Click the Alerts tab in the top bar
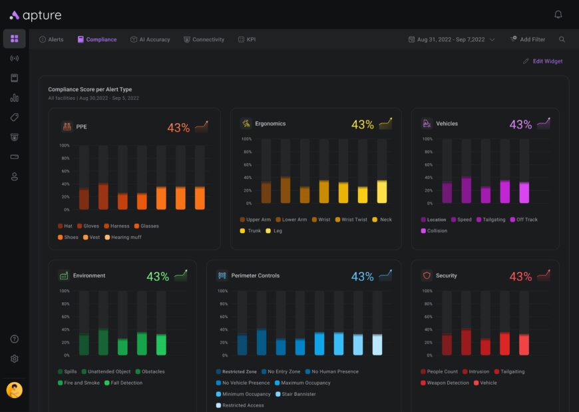tap(52, 40)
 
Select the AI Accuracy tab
tap(150, 40)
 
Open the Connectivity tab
tap(204, 40)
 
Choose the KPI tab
tap(247, 40)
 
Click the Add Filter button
tap(528, 40)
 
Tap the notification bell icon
tap(558, 15)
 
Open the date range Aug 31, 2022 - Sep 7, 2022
tap(451, 40)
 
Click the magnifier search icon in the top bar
tap(562, 40)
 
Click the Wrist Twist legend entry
tap(354, 220)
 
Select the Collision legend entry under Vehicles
tap(437, 231)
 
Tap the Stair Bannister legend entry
tap(295, 394)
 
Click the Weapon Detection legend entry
tap(448, 383)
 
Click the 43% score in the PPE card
tap(178, 128)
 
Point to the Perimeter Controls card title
tap(256, 276)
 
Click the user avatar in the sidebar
tap(15, 390)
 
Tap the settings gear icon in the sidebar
tap(15, 359)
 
